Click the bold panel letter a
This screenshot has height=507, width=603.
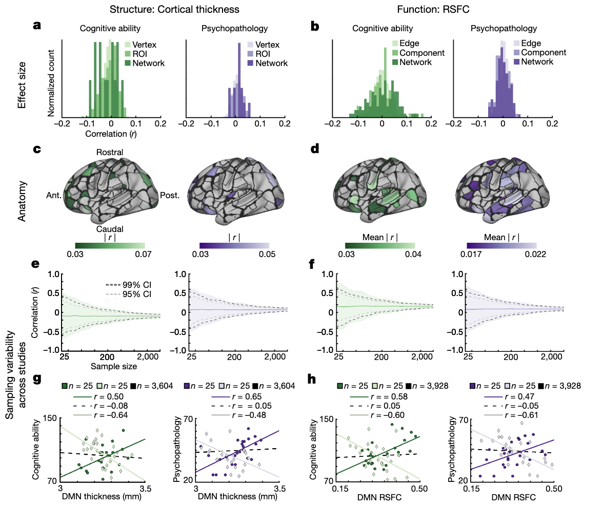[37, 27]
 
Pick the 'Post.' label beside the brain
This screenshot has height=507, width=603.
[170, 195]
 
